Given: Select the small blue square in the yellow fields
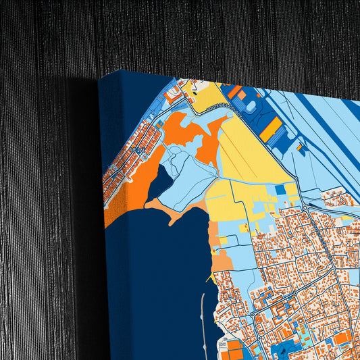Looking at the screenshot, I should click(x=280, y=190).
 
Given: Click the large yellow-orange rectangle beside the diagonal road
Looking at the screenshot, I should click(x=270, y=129).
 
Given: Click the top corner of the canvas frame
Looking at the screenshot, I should click(x=121, y=70).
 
